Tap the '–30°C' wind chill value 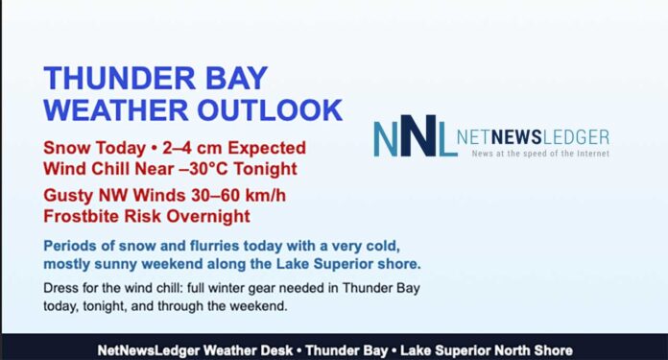tap(205, 170)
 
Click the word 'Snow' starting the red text tap(67, 149)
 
